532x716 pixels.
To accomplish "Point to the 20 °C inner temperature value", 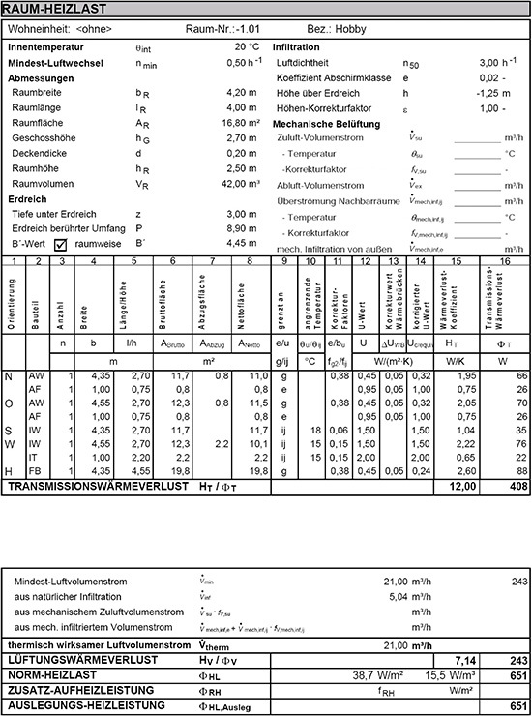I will click(x=248, y=46).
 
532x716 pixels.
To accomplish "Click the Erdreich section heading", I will click(x=27, y=198).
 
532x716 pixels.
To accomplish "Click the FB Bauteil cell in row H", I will click(x=36, y=471).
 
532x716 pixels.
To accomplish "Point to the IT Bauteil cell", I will click(x=36, y=458).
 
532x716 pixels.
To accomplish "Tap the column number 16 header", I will click(x=505, y=261).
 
